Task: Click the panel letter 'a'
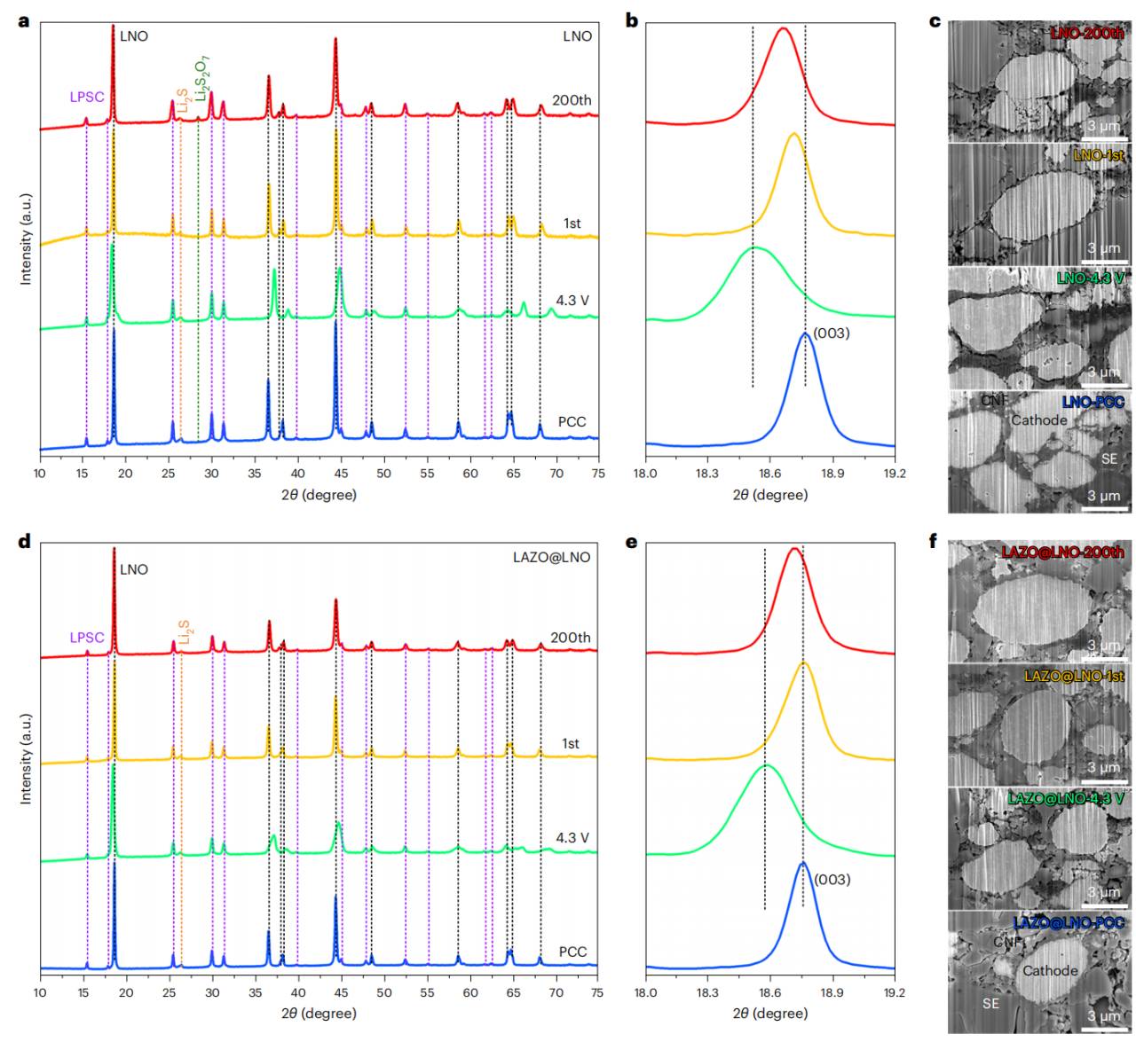pyautogui.click(x=24, y=19)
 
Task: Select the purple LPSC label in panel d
pyautogui.click(x=87, y=638)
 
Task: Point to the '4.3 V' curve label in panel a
pyautogui.click(x=572, y=301)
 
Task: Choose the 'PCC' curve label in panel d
pyautogui.click(x=572, y=952)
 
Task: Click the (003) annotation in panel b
pyautogui.click(x=832, y=334)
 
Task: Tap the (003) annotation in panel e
pyautogui.click(x=832, y=880)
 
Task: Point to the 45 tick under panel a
pyautogui.click(x=340, y=474)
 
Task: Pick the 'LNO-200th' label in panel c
pyautogui.click(x=1086, y=34)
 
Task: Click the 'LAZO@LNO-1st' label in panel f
pyautogui.click(x=1074, y=676)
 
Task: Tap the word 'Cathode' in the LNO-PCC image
pyautogui.click(x=1038, y=419)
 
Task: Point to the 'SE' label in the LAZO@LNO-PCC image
pyautogui.click(x=990, y=1003)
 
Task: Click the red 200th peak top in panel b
pyautogui.click(x=783, y=28)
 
